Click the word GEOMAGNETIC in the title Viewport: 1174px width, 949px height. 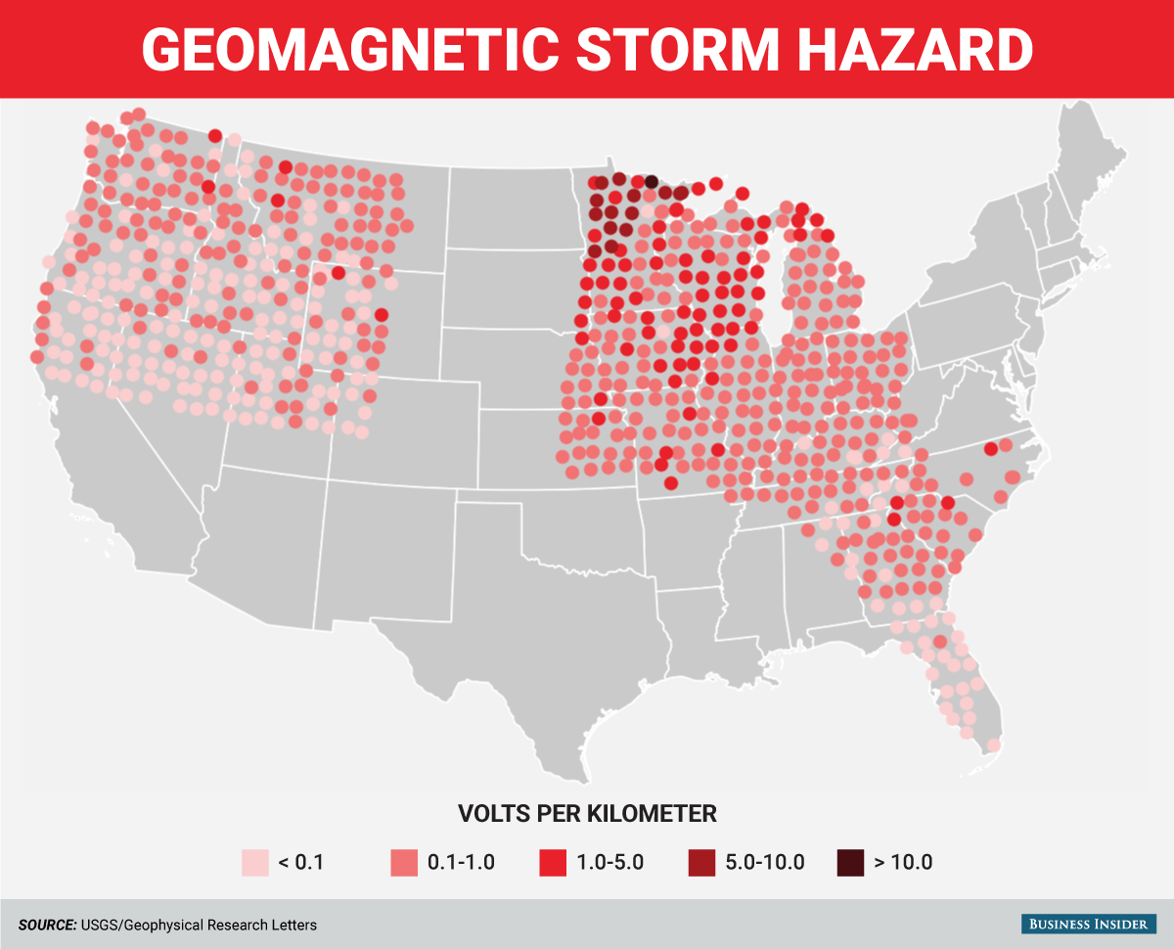coord(350,50)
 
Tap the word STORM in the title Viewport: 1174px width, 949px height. coord(679,50)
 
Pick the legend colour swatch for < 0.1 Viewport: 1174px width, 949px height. coord(255,863)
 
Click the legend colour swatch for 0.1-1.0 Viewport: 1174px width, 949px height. coord(404,863)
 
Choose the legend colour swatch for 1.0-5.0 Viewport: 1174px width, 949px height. coord(553,863)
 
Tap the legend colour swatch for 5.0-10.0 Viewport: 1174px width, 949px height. coord(701,863)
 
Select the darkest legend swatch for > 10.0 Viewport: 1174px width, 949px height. coord(850,863)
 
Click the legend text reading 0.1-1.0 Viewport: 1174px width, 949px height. coord(462,863)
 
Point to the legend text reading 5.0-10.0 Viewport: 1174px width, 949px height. coord(765,863)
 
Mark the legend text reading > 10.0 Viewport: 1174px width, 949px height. coord(904,863)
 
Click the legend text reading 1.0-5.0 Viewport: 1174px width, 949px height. coord(610,863)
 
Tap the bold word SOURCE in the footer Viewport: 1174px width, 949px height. coord(47,925)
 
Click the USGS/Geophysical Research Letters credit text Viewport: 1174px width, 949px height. coord(199,925)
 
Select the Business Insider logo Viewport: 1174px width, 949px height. coord(1089,924)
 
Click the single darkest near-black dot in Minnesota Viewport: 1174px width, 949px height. coord(652,182)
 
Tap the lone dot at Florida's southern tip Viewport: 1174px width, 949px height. coord(993,746)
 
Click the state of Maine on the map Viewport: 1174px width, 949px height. coord(1080,159)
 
